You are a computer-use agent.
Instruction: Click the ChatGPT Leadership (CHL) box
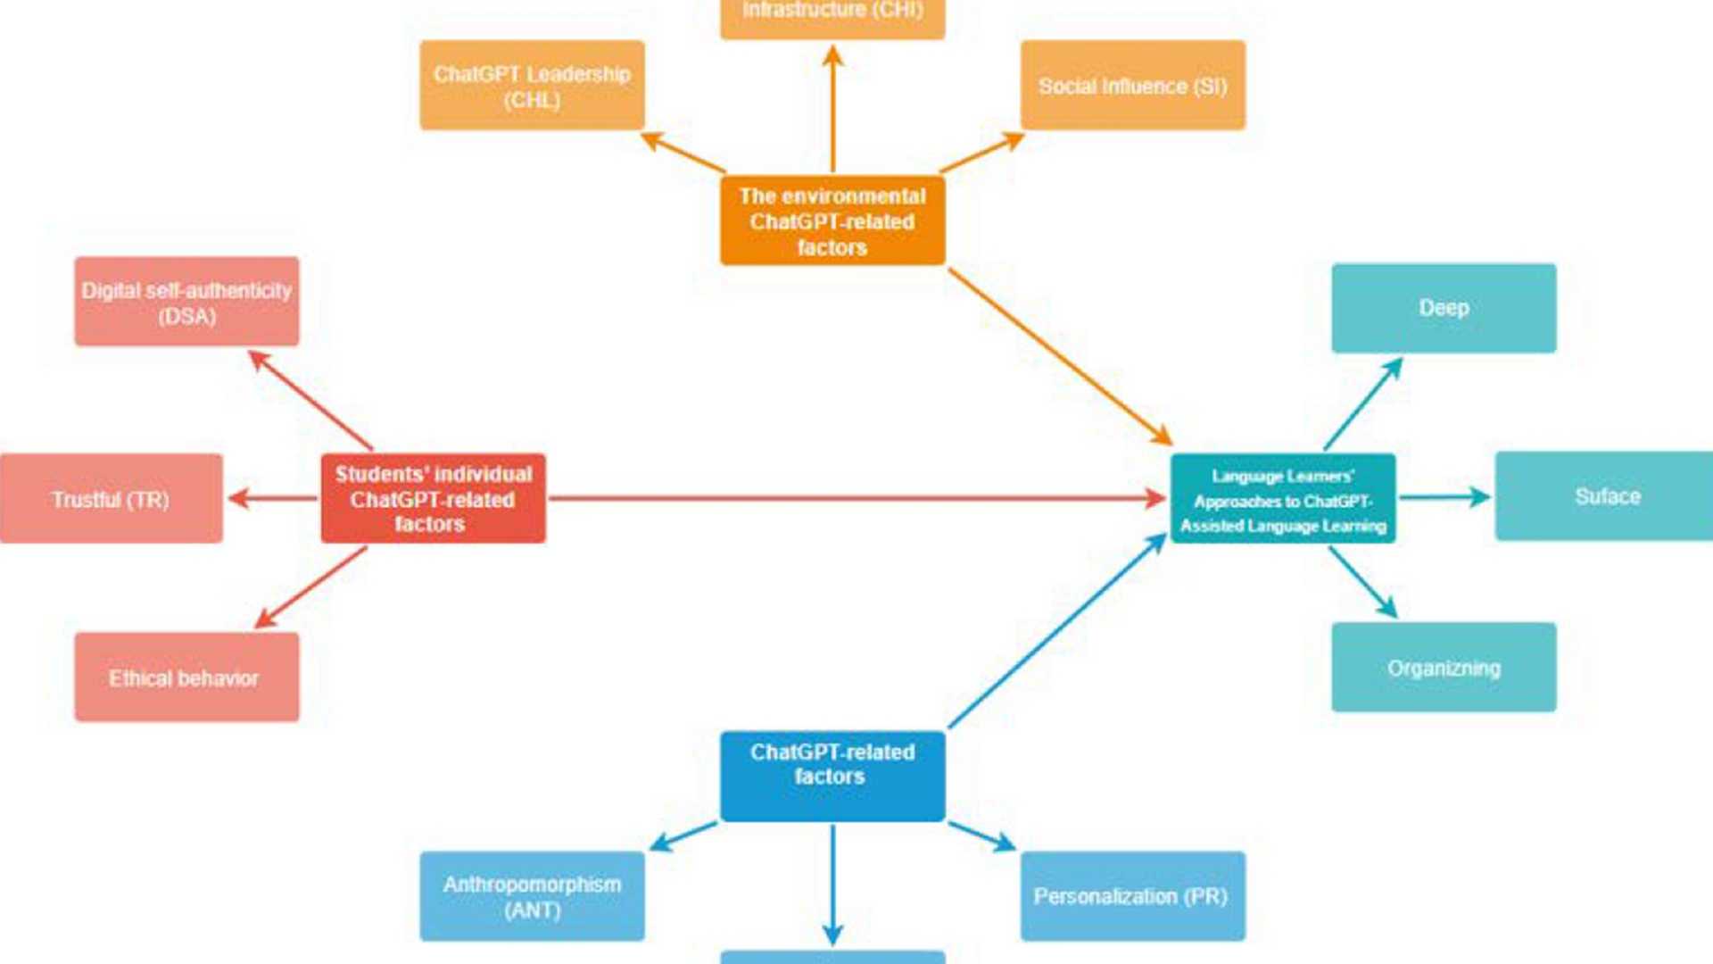[532, 86]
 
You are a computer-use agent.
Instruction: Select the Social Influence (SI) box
[1132, 86]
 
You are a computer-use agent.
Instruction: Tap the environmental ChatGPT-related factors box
[832, 220]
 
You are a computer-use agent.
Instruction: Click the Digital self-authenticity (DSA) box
[186, 302]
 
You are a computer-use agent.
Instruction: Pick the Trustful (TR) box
[111, 498]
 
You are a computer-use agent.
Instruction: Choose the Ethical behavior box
[186, 677]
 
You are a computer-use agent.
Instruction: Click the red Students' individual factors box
[433, 498]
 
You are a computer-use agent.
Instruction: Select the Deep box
[1443, 308]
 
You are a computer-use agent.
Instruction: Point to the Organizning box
[1443, 667]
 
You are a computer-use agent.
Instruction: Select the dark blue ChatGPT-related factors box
[832, 775]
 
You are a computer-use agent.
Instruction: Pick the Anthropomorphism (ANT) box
[532, 896]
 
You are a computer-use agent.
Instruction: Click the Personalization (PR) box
[1132, 896]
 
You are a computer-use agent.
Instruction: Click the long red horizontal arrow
[856, 498]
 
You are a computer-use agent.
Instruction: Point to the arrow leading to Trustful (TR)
[272, 498]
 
